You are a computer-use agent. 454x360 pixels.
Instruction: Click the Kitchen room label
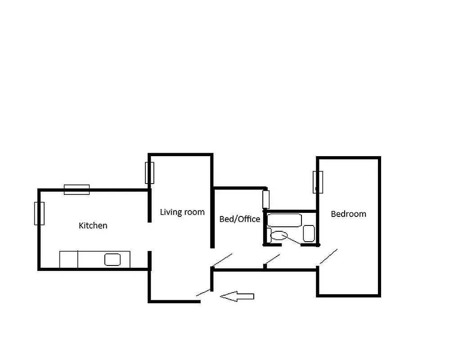pyautogui.click(x=93, y=225)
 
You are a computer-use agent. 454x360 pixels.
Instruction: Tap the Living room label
pyautogui.click(x=182, y=212)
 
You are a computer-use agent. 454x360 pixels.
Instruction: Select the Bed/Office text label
pyautogui.click(x=239, y=219)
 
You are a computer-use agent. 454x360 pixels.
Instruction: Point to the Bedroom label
pyautogui.click(x=348, y=214)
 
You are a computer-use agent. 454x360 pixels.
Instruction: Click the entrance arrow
pyautogui.click(x=237, y=296)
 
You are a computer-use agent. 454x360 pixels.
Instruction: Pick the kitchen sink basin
pyautogui.click(x=112, y=259)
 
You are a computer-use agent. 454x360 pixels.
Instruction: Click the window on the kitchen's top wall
pyautogui.click(x=76, y=189)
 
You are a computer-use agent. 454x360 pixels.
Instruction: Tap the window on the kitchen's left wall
pyautogui.click(x=39, y=213)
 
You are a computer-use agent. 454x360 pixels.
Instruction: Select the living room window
pyautogui.click(x=149, y=172)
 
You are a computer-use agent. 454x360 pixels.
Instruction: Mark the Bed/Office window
pyautogui.click(x=266, y=199)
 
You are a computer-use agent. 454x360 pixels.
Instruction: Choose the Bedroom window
pyautogui.click(x=318, y=182)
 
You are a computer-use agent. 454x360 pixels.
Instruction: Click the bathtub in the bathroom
pyautogui.click(x=284, y=220)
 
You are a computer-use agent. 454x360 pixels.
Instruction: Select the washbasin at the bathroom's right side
pyautogui.click(x=309, y=233)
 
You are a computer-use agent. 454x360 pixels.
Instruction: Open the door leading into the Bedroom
pyautogui.click(x=328, y=257)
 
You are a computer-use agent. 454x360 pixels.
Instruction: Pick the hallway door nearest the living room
pyautogui.click(x=222, y=260)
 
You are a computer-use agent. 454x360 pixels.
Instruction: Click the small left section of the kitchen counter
pyautogui.click(x=68, y=260)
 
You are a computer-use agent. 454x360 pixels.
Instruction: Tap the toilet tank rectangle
pyautogui.click(x=269, y=234)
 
